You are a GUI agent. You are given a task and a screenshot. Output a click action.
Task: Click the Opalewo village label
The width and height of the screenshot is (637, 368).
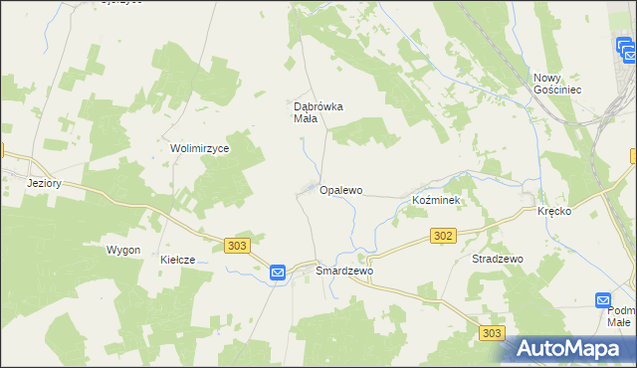(x=340, y=189)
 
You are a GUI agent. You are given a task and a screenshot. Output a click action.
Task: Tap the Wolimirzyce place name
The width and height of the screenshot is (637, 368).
(x=200, y=148)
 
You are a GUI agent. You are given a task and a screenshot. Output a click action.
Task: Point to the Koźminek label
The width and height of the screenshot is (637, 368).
(x=435, y=200)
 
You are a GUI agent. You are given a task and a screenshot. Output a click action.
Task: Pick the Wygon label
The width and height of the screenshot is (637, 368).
(x=123, y=250)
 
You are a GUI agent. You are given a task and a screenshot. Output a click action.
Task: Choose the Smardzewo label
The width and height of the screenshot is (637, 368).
(x=343, y=271)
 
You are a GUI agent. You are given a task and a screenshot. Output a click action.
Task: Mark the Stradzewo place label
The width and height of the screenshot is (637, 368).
(x=497, y=259)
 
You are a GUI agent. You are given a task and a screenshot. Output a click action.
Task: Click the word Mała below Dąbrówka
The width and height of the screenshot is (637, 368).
(x=305, y=119)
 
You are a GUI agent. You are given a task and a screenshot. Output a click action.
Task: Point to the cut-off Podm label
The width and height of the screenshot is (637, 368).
(x=621, y=311)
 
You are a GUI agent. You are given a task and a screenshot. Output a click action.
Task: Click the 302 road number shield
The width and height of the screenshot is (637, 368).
(x=444, y=236)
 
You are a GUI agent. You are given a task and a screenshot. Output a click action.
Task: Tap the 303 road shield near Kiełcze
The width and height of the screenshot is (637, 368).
(x=236, y=246)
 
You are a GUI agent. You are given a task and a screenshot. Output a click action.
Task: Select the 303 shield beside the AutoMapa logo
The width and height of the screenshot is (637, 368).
(x=491, y=334)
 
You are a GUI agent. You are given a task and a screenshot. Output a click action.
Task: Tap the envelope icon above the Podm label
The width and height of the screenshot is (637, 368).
(x=603, y=299)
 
